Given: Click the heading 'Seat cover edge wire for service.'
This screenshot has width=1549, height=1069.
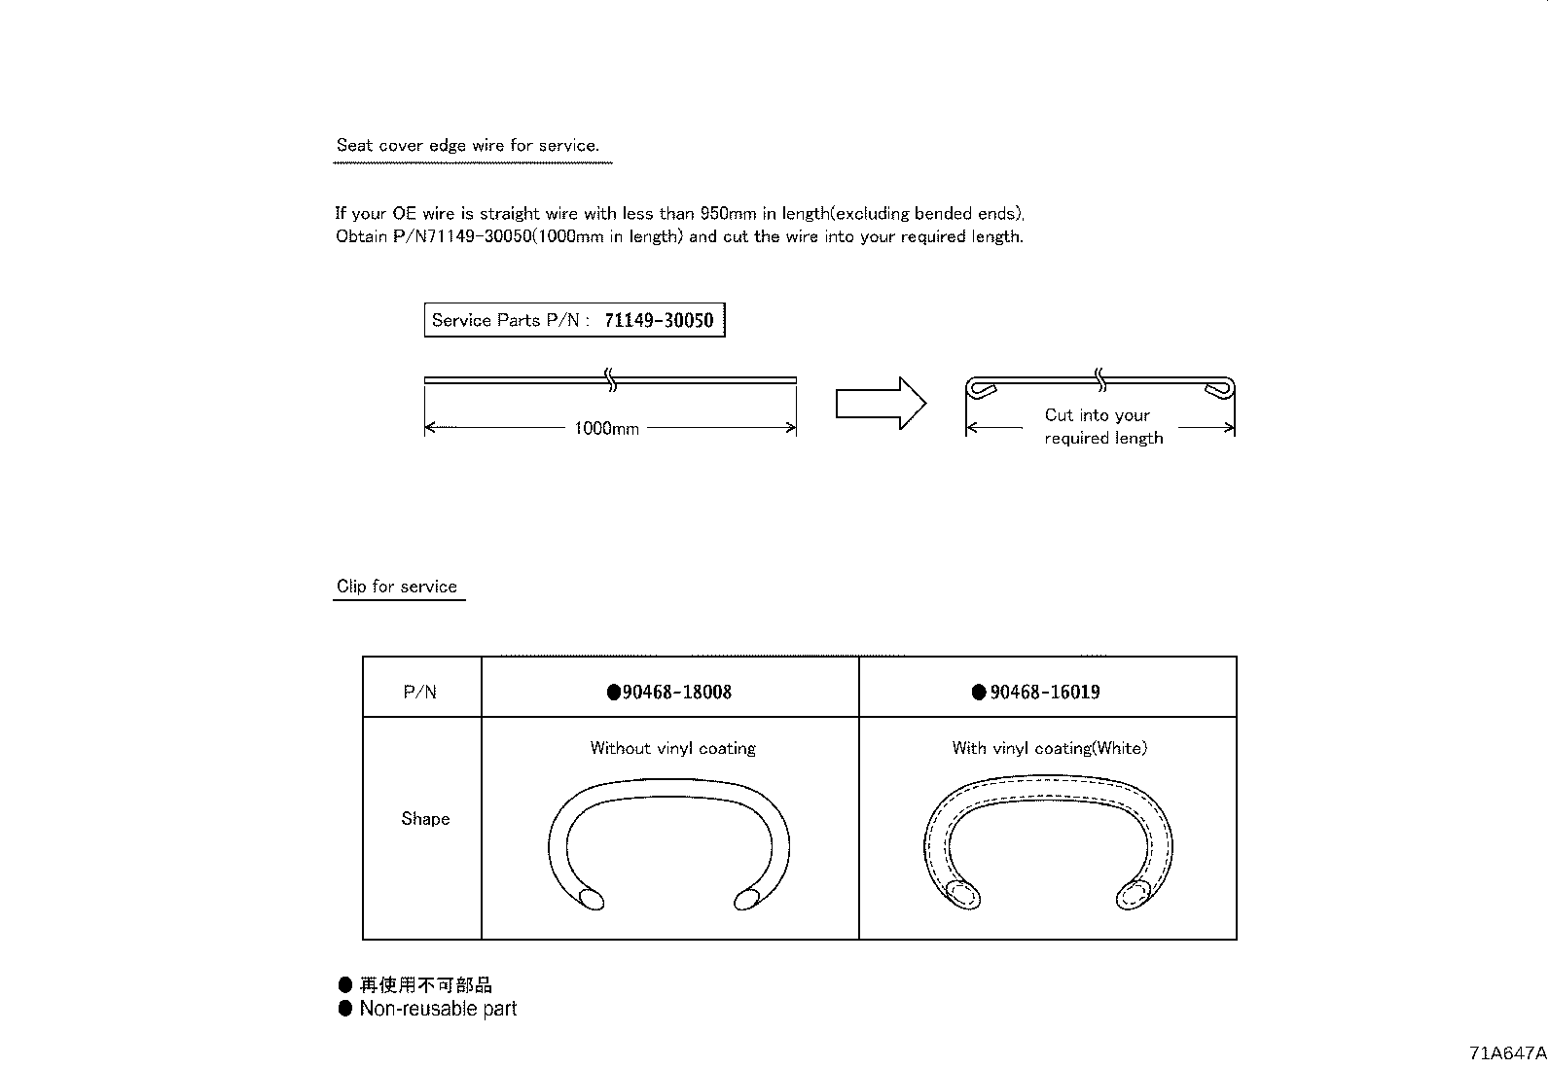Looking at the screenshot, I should click(x=467, y=146).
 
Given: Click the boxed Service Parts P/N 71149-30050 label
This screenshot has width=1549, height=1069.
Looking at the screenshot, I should click(x=574, y=320).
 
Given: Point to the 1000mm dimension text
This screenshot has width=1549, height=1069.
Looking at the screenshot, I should click(x=606, y=429).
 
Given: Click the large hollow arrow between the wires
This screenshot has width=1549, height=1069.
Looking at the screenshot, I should click(x=880, y=403).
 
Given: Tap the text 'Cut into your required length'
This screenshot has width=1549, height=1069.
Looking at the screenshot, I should click(x=1101, y=426).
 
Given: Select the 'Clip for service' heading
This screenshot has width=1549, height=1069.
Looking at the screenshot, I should click(x=397, y=587).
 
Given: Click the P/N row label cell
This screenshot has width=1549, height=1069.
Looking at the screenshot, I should click(x=420, y=693).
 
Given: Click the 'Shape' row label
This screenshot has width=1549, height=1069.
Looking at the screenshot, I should click(x=425, y=819).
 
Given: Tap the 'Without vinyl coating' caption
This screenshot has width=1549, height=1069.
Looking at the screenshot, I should click(x=672, y=748).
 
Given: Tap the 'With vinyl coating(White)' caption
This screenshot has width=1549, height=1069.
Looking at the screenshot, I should click(x=1049, y=748).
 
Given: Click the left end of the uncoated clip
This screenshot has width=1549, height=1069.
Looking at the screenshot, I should click(x=590, y=899).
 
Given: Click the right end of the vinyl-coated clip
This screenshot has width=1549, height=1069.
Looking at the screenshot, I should click(x=1134, y=894).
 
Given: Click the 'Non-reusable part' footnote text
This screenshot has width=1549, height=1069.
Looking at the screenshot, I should click(x=438, y=1009).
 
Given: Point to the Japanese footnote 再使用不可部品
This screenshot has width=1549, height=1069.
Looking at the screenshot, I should click(x=425, y=985).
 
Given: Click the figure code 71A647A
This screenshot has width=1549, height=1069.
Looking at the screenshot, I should click(x=1507, y=1053).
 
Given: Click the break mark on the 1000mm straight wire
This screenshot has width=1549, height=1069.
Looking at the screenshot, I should click(x=610, y=379).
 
